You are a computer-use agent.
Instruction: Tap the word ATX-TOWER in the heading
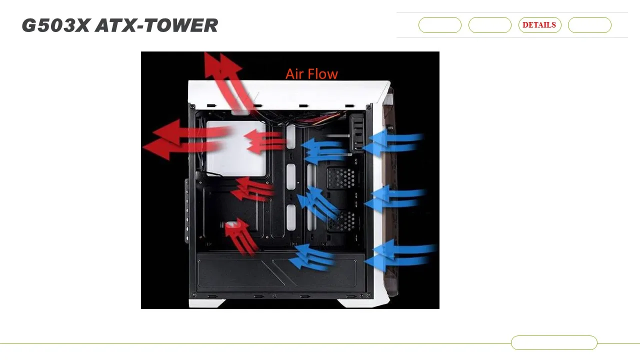(156, 25)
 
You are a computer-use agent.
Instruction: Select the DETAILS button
(539, 25)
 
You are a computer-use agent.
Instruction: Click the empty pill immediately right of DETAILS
(589, 25)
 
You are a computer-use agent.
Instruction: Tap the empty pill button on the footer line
(554, 342)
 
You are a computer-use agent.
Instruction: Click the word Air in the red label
(294, 74)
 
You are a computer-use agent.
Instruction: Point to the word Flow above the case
(322, 74)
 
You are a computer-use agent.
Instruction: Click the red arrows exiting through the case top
(227, 80)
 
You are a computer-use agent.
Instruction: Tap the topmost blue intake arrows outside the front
(395, 142)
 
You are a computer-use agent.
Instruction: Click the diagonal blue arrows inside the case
(318, 203)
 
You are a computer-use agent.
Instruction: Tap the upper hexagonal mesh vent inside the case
(341, 178)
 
